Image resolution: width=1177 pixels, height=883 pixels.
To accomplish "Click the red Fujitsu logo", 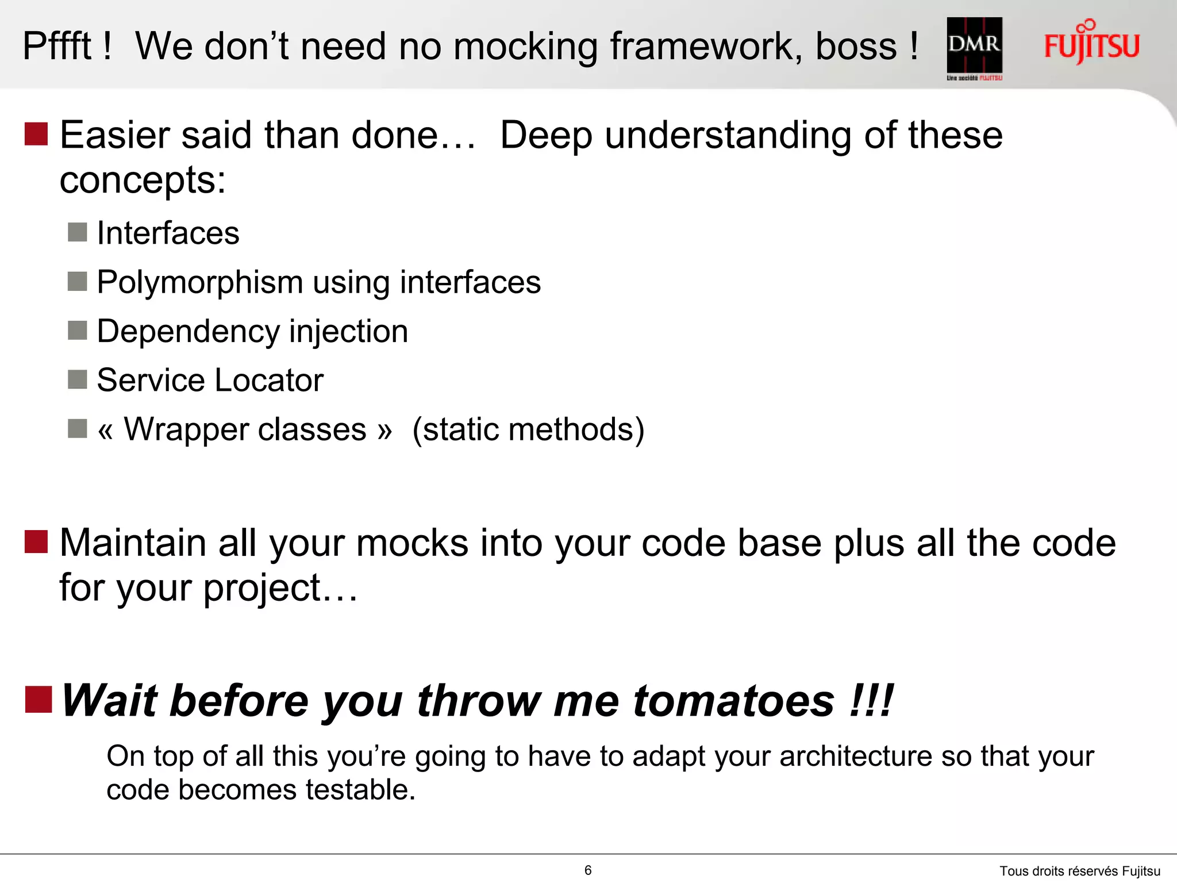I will click(x=1091, y=44).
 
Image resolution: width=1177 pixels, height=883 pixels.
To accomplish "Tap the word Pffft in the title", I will click(x=57, y=46).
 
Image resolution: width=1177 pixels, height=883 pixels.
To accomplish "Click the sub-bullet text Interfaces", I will click(x=168, y=233).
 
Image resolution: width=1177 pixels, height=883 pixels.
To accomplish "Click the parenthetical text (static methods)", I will click(x=528, y=429).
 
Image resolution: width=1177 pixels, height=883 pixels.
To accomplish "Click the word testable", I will click(x=360, y=789).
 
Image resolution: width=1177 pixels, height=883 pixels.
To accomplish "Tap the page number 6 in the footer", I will click(x=588, y=870).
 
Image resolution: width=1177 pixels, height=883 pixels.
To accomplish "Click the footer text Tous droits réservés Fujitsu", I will click(x=1079, y=871).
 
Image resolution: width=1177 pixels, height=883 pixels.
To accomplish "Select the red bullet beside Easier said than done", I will click(x=36, y=134).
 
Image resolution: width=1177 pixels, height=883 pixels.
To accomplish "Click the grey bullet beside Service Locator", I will click(x=78, y=379).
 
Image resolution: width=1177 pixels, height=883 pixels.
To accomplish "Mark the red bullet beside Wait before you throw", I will click(x=38, y=700).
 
